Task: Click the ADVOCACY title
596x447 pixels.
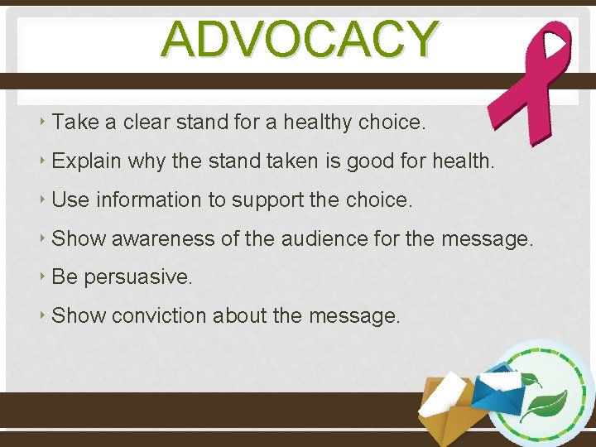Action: (x=300, y=39)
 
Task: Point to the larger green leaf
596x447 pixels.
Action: (x=550, y=405)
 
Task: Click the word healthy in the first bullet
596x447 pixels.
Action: (x=318, y=123)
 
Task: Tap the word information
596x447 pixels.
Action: (x=148, y=199)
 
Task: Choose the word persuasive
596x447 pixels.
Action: (x=138, y=277)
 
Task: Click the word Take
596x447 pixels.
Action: (x=74, y=123)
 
